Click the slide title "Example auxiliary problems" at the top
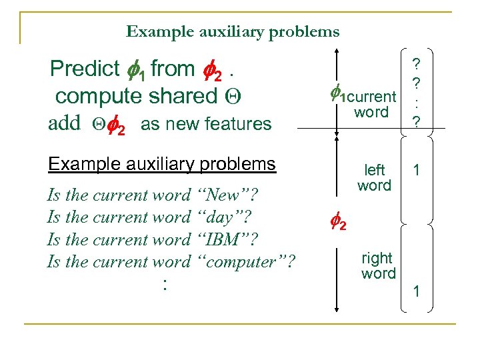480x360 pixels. point(233,31)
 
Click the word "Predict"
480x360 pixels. point(85,69)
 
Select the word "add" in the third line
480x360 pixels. point(64,124)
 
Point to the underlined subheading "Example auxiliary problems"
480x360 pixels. point(162,164)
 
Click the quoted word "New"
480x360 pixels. point(227,195)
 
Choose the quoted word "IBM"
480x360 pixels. point(225,239)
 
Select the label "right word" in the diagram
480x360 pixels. point(378,265)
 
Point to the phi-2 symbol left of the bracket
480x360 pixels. point(339,225)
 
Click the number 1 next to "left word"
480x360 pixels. point(417,171)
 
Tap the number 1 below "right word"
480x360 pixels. point(417,291)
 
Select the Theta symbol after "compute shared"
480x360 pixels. point(233,96)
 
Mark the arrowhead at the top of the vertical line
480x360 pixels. point(337,55)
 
